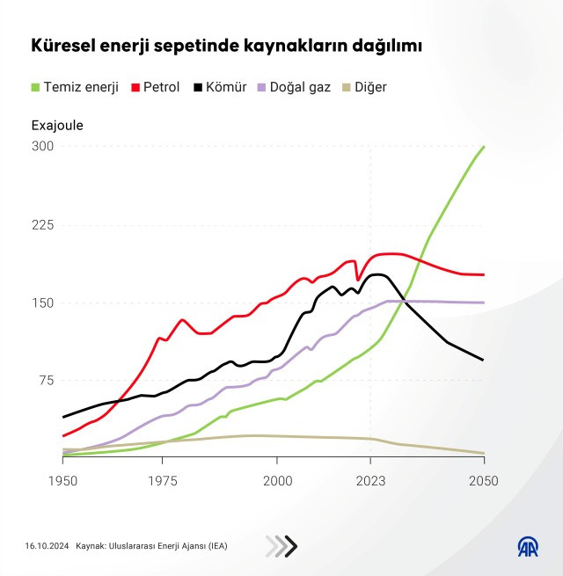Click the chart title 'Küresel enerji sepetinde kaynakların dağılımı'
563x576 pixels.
pyautogui.click(x=227, y=45)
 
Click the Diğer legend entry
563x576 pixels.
pyautogui.click(x=362, y=87)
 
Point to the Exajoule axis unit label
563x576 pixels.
pyautogui.click(x=57, y=125)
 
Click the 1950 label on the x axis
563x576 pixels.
pyautogui.click(x=62, y=481)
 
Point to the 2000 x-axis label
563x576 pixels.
pyautogui.click(x=277, y=481)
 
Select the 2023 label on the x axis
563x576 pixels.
pyautogui.click(x=370, y=481)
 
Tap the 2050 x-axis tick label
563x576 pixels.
pyautogui.click(x=483, y=481)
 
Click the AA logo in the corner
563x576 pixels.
pyautogui.click(x=526, y=546)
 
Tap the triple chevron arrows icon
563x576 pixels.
pyautogui.click(x=281, y=546)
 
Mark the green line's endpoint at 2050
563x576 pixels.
pyautogui.click(x=484, y=147)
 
